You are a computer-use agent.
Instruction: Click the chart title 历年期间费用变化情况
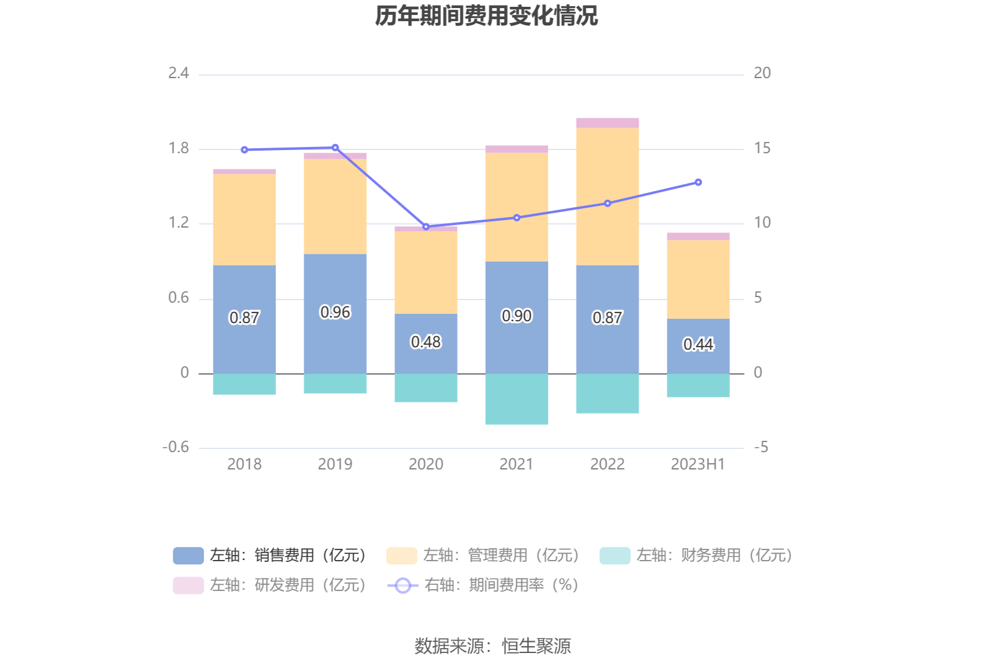tap(486, 16)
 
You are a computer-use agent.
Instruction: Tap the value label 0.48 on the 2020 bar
tap(426, 342)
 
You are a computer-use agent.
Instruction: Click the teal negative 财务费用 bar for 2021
tap(517, 399)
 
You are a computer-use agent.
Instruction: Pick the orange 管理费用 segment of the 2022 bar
tap(607, 196)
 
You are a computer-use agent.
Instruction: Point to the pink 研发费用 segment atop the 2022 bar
tap(607, 123)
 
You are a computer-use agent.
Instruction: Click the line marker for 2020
tap(426, 227)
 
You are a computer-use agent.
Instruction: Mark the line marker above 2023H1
tap(698, 182)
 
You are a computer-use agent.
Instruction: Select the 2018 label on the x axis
tap(244, 464)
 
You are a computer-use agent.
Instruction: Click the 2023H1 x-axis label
tap(698, 464)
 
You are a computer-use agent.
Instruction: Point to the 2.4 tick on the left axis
tap(179, 73)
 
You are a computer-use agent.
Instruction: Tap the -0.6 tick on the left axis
tap(175, 447)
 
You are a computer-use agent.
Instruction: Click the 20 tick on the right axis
tap(762, 73)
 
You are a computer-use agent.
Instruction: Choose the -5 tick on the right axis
tap(761, 447)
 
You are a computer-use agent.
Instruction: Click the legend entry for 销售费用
tap(270, 555)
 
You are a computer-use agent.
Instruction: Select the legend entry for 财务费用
tap(696, 555)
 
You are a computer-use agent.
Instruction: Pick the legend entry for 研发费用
tap(270, 585)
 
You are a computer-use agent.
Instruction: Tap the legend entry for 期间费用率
tap(484, 585)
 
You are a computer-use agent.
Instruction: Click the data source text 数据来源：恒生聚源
tap(492, 646)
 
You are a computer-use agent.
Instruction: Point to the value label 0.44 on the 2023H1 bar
tap(698, 344)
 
